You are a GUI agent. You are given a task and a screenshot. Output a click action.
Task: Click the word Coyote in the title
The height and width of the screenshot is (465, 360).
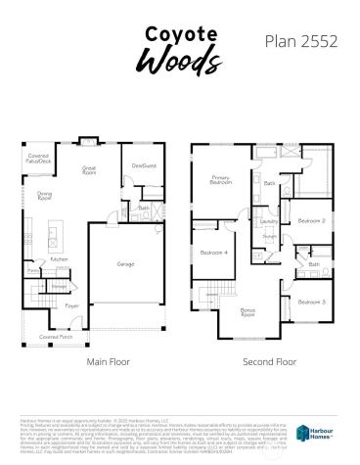180,34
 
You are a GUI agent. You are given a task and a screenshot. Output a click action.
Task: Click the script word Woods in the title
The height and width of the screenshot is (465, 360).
179,60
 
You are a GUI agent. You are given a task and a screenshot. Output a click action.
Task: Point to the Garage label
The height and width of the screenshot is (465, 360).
126,264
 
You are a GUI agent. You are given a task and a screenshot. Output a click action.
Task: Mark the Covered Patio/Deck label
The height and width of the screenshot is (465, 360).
38,158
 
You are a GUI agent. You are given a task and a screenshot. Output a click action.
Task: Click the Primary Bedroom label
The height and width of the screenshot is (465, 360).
220,179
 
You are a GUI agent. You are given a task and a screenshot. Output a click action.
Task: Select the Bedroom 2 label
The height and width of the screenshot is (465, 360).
311,220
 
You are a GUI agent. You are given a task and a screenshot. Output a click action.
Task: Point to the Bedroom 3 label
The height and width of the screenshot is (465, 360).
311,302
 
